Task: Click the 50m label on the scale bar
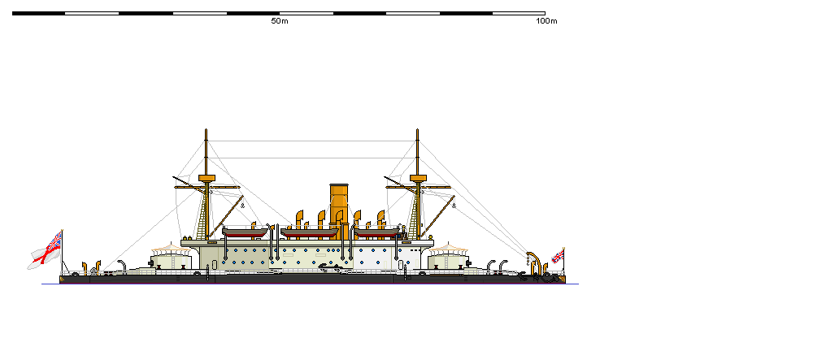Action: point(280,21)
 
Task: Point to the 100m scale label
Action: point(546,21)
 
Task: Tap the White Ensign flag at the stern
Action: point(46,249)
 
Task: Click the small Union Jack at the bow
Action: point(559,255)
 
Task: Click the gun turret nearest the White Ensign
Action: point(170,258)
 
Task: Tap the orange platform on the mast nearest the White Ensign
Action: point(207,177)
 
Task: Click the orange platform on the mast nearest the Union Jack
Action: point(418,177)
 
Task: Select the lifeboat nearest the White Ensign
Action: point(245,233)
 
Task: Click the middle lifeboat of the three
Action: point(309,233)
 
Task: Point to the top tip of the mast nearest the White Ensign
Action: point(207,129)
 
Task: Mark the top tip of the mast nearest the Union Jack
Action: point(418,129)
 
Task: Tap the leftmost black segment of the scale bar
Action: point(38,13)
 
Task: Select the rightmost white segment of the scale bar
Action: point(519,13)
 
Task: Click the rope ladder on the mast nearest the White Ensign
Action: point(203,215)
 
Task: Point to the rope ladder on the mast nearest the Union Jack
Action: point(416,215)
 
